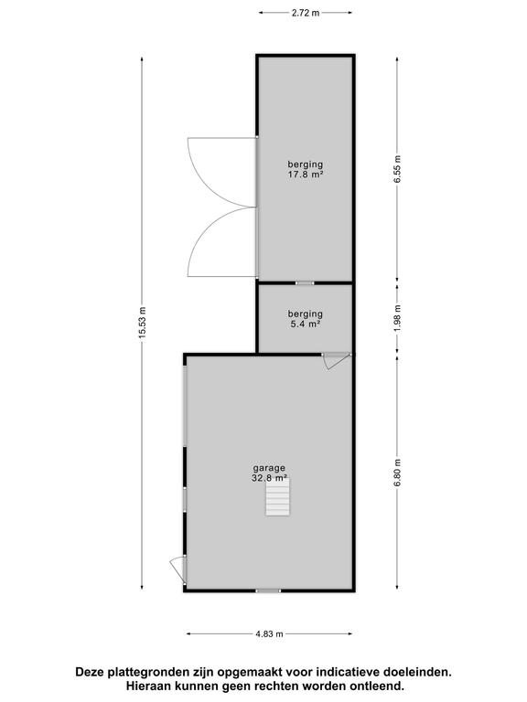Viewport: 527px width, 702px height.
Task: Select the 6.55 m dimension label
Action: (x=397, y=170)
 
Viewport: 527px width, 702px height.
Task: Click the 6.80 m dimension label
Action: (x=397, y=473)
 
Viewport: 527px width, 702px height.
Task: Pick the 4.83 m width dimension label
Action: (x=268, y=633)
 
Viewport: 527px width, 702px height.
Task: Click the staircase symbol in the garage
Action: (x=276, y=500)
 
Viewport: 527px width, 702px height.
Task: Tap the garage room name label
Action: (x=269, y=467)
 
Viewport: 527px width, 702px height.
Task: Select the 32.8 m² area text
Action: (x=269, y=477)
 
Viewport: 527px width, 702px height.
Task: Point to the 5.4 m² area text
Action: (x=305, y=324)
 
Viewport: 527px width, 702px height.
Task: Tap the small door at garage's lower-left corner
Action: (x=177, y=570)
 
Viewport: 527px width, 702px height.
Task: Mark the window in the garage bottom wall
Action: (x=268, y=590)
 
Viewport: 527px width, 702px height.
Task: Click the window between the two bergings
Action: (x=305, y=282)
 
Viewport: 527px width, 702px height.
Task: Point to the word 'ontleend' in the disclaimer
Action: (x=373, y=686)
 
